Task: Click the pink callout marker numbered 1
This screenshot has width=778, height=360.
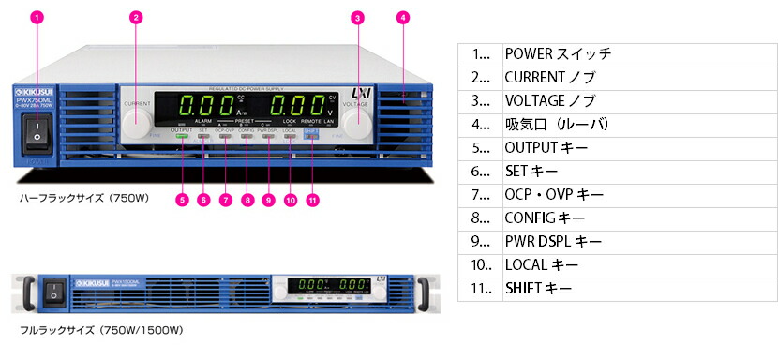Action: click(37, 17)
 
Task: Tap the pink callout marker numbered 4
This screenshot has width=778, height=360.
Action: click(402, 17)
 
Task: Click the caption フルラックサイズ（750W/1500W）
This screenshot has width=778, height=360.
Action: click(101, 330)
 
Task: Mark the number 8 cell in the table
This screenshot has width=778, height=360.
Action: click(480, 218)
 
